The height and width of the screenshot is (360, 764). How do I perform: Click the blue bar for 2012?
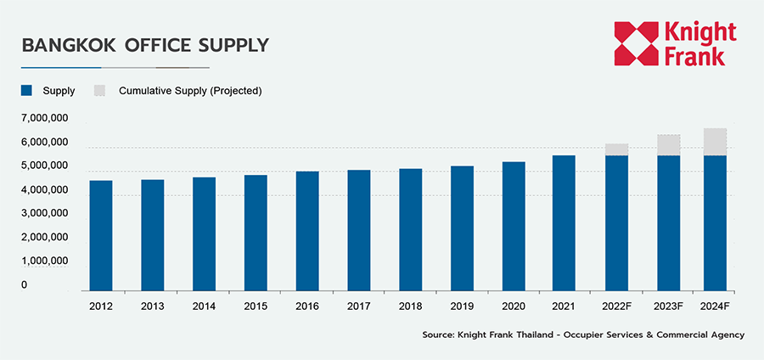(x=100, y=235)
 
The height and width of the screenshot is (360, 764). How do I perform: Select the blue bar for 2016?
(x=307, y=231)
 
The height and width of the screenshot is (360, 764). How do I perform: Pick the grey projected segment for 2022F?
(x=616, y=149)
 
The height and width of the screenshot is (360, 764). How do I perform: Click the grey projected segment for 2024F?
(x=716, y=142)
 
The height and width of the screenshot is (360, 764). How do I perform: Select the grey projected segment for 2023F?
(x=668, y=145)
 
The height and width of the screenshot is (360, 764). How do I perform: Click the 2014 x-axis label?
(x=204, y=305)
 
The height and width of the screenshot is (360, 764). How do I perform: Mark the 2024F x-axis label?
(x=716, y=305)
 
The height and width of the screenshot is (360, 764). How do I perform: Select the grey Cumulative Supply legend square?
(x=99, y=90)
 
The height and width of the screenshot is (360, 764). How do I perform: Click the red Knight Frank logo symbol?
(x=637, y=44)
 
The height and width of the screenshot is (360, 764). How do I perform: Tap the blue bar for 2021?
(x=564, y=223)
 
